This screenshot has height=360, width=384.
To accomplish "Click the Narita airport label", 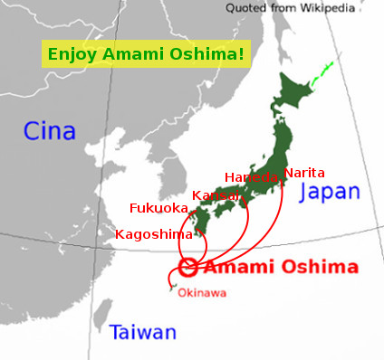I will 303,172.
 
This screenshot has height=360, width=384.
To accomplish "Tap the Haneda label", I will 251,177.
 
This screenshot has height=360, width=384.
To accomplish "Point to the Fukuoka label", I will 159,207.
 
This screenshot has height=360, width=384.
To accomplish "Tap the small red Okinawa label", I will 202,292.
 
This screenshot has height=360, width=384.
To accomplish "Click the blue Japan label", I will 329,192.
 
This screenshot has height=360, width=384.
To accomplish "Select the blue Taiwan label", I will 143,332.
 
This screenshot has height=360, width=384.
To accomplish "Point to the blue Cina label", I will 49,131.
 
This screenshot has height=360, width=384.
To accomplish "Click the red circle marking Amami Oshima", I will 188,267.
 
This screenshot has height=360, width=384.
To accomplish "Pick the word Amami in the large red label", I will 236,267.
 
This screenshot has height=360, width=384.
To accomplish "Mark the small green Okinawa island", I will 170,289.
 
